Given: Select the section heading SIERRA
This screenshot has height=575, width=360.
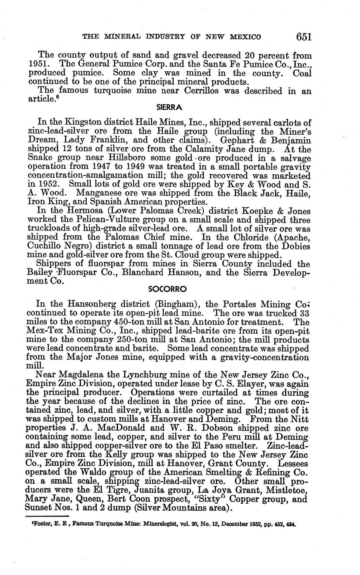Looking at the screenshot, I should pyautogui.click(x=169, y=107).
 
